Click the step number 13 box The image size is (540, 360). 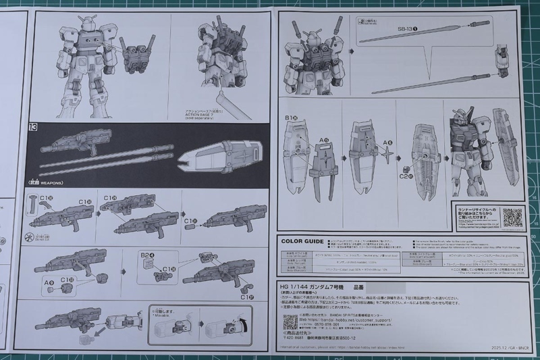[x=32, y=126]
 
